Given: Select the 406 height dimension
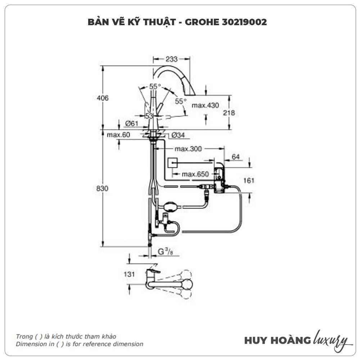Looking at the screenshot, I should (x=103, y=98).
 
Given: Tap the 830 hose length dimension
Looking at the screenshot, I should (x=103, y=188).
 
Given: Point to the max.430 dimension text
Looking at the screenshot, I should (x=205, y=105).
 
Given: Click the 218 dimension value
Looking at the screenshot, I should (x=229, y=113).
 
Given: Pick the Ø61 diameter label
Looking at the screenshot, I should (x=132, y=124).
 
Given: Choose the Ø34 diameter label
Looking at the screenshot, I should (x=178, y=135).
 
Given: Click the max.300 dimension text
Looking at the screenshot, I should (x=188, y=149).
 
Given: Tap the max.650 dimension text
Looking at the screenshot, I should (x=195, y=174).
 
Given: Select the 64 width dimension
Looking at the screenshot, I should (x=235, y=157).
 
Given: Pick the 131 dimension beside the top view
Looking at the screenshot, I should (x=120, y=274).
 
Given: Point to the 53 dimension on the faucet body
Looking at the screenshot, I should (x=149, y=116).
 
